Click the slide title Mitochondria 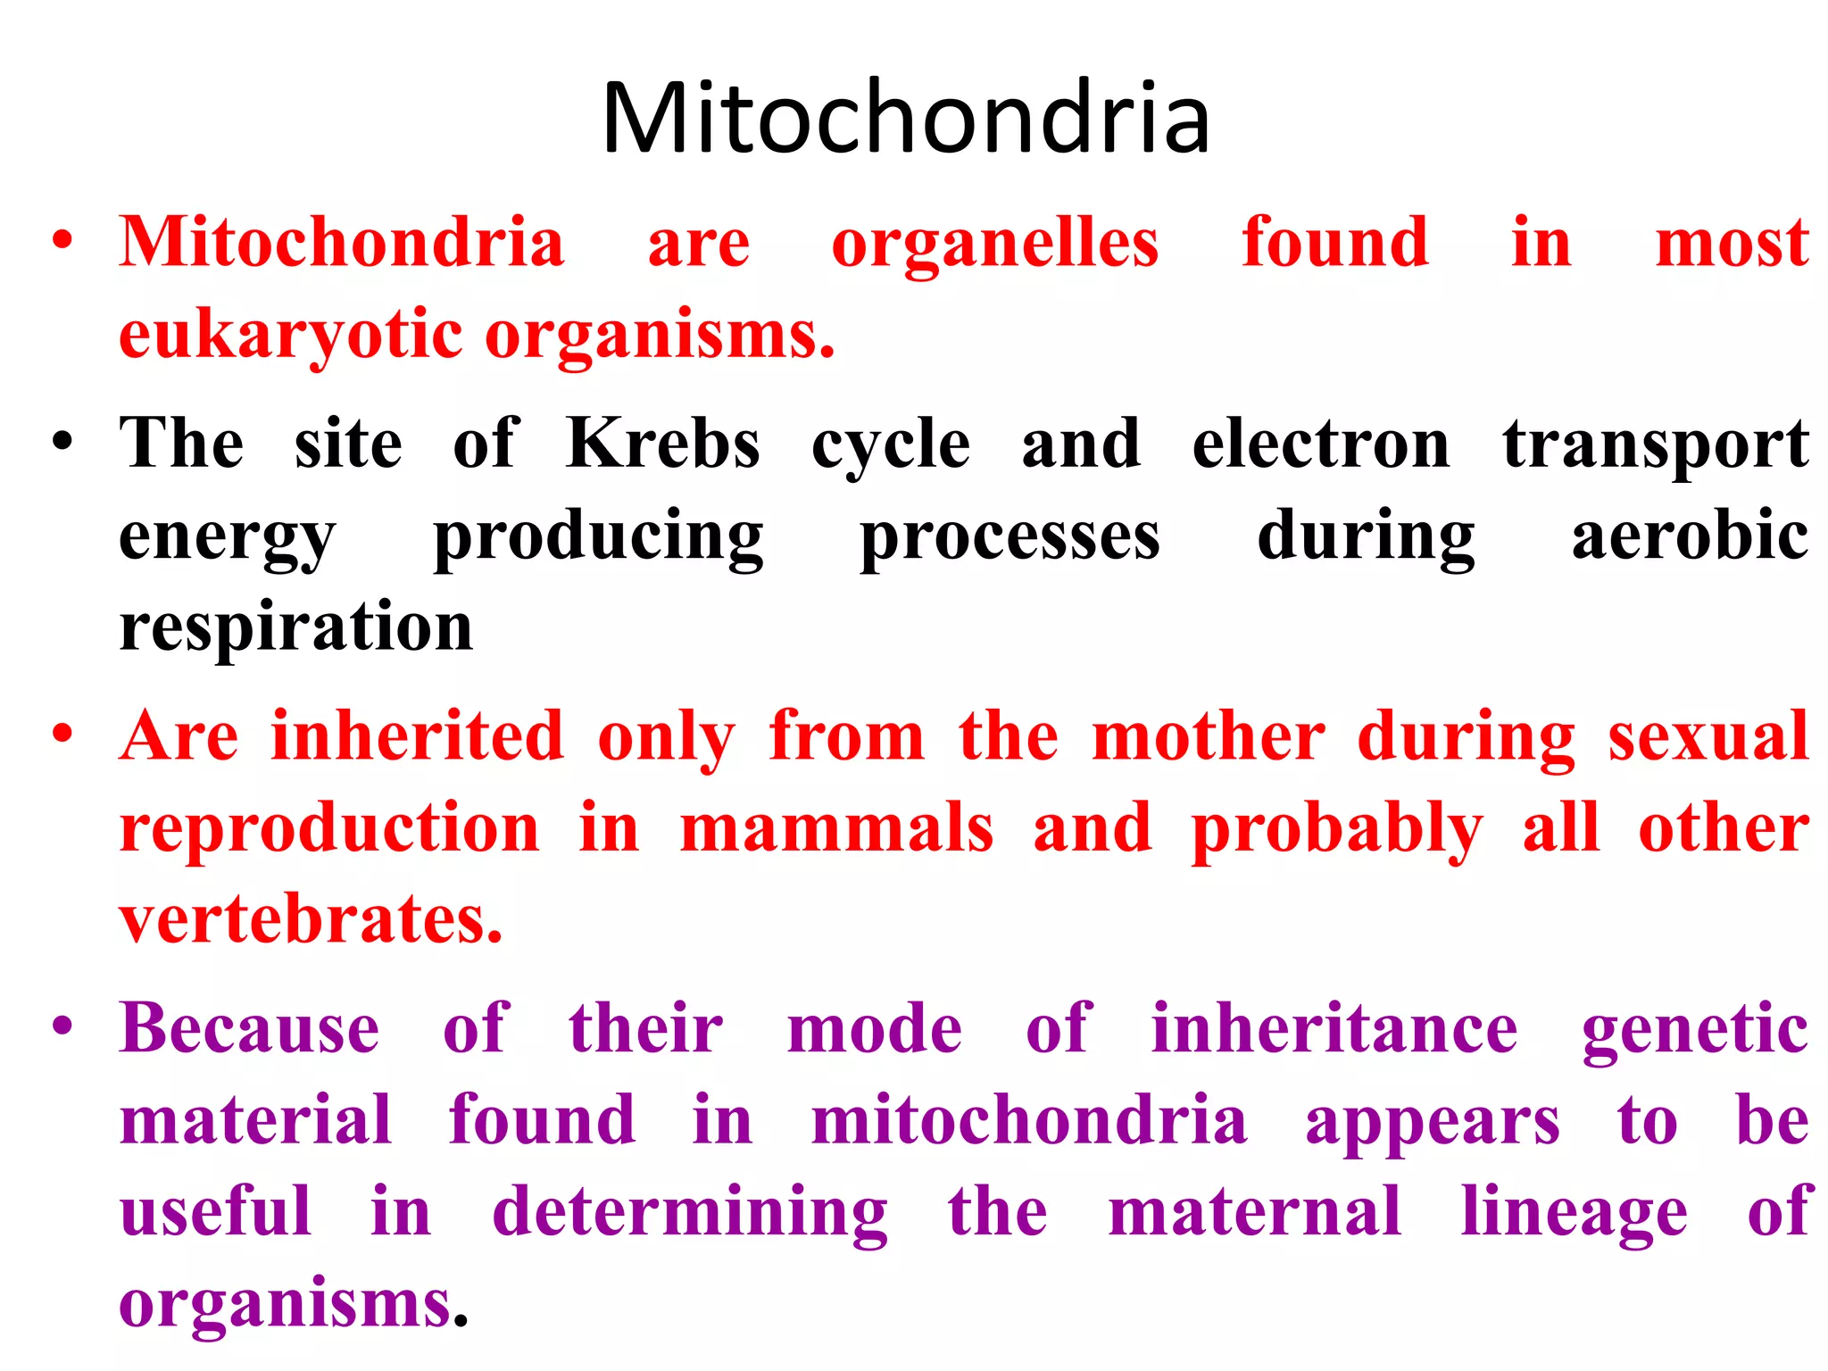[905, 119]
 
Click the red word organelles [994, 245]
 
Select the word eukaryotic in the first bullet [291, 337]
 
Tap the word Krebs [662, 444]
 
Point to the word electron [1320, 444]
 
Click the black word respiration [295, 628]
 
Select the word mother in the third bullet [1208, 737]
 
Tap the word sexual [1708, 737]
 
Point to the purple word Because [250, 1029]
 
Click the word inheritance [1334, 1029]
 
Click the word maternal [1254, 1212]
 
